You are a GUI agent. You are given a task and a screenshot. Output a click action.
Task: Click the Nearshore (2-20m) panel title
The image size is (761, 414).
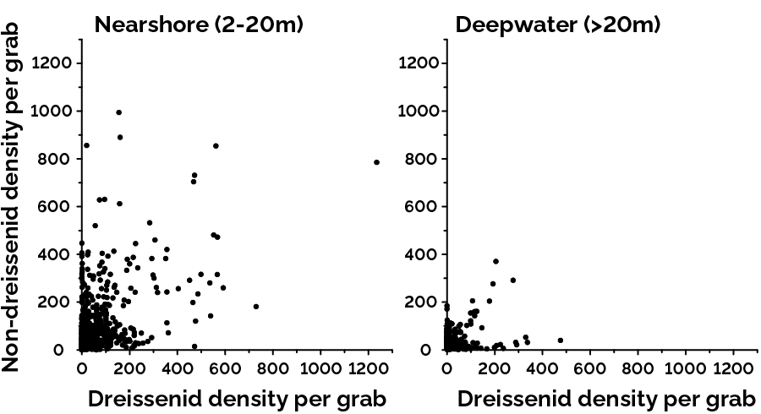199,24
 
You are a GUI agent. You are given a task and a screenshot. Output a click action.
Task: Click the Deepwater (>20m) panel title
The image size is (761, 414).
558,24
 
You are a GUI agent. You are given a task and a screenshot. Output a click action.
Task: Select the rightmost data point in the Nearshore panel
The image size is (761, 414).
376,162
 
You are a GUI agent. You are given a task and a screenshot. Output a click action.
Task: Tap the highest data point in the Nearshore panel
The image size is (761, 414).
119,112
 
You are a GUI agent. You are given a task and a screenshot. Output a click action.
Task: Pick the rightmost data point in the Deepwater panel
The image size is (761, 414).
560,340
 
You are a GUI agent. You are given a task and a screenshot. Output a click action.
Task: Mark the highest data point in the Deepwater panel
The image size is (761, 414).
495,262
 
